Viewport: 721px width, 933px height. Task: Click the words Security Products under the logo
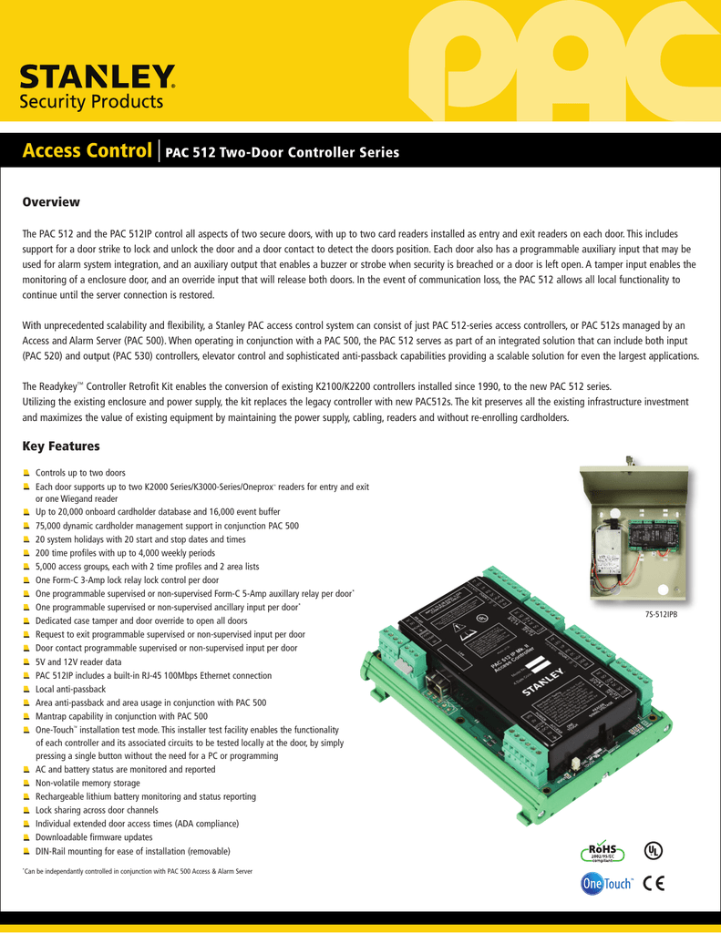(x=91, y=101)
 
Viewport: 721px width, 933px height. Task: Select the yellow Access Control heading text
(x=87, y=150)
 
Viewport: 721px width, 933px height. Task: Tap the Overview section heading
(x=51, y=201)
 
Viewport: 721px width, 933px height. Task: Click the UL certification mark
(x=654, y=851)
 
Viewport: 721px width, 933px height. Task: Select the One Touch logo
(x=606, y=883)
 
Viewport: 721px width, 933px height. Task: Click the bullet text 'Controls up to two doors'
(x=80, y=474)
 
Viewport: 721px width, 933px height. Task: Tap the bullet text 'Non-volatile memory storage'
(x=88, y=783)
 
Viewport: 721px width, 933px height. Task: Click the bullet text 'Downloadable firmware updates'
(x=93, y=836)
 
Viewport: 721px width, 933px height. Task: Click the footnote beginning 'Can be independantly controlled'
(x=137, y=872)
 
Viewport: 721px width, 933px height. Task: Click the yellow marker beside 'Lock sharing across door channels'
(x=27, y=810)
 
